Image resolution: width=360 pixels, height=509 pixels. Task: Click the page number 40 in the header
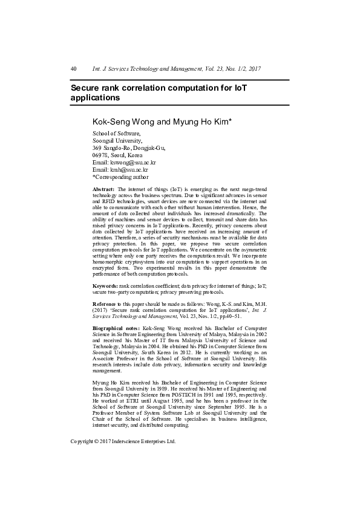74,69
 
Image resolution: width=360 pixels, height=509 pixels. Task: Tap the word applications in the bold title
96,97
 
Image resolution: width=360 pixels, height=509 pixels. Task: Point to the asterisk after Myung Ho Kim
231,120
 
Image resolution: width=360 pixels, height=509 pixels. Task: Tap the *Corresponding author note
120,177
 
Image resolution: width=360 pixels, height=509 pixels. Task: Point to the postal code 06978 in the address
100,155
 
